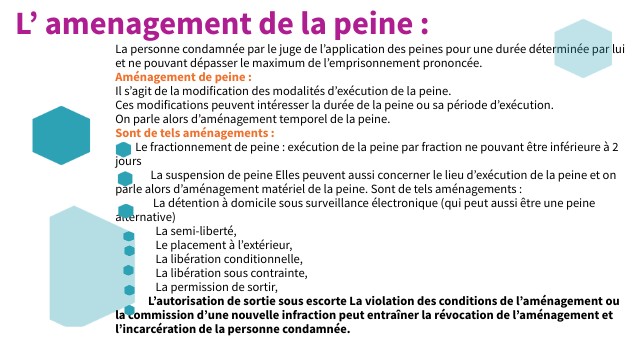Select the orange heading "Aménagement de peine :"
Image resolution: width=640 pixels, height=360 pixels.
coord(183,77)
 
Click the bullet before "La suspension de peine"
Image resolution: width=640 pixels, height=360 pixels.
coord(125,177)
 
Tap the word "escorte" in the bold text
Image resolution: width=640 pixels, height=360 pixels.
coord(318,301)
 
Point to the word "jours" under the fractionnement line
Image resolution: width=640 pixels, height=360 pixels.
coord(129,160)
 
